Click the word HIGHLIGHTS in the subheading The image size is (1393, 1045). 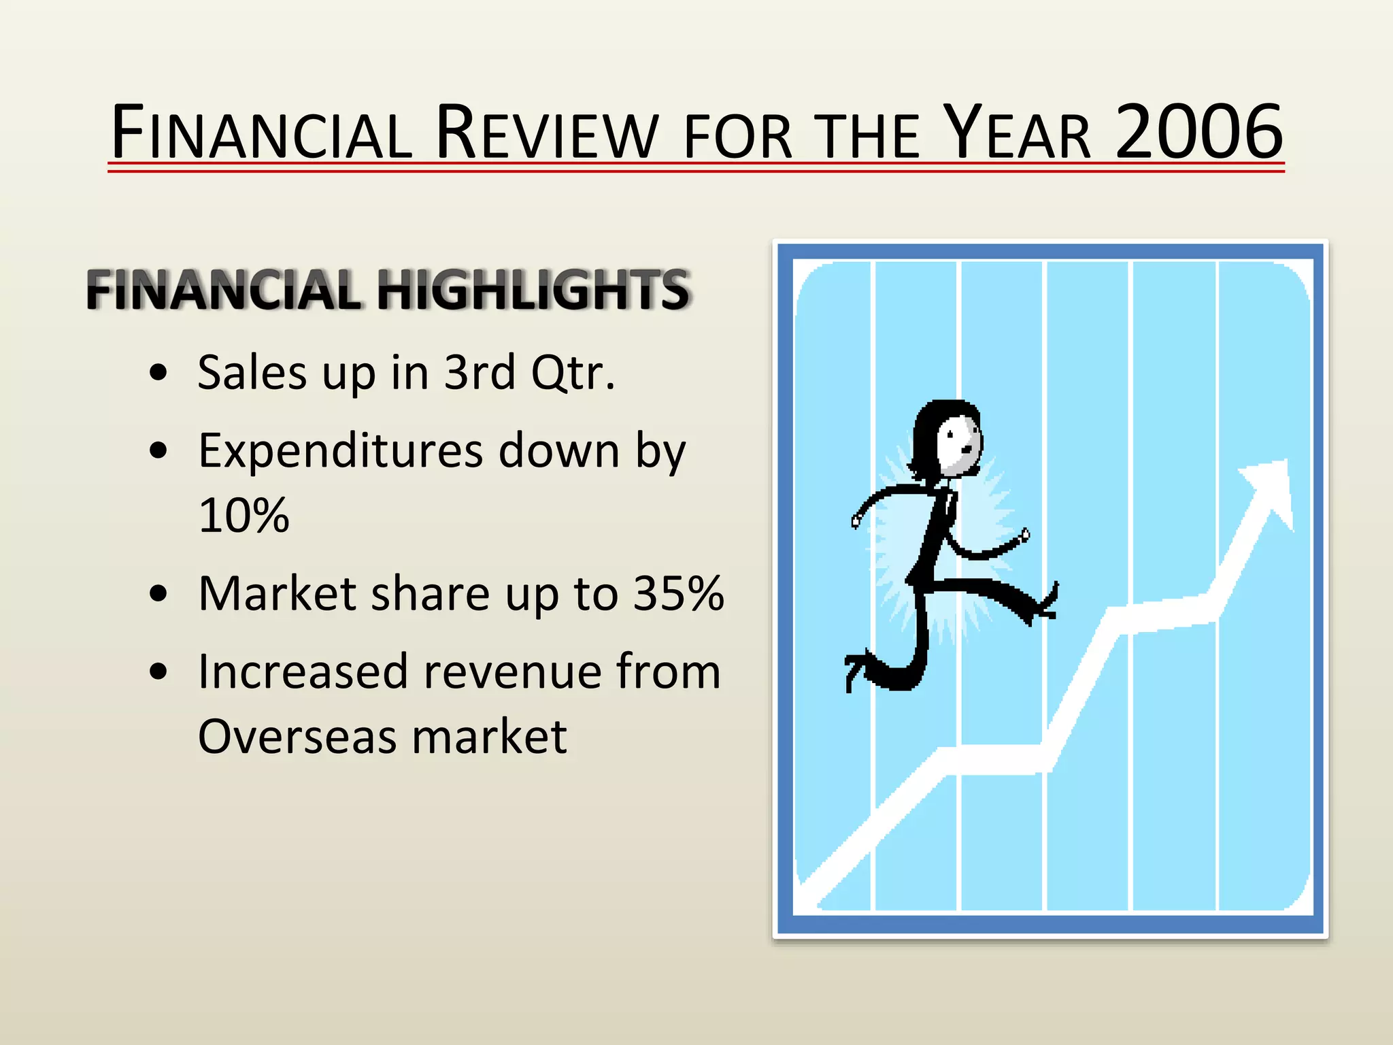[x=534, y=290]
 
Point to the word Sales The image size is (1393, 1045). [x=252, y=373]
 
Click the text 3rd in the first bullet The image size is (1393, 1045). [x=480, y=373]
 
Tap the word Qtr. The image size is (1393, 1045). [x=573, y=373]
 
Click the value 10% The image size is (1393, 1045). [x=244, y=515]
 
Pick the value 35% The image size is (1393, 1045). [x=678, y=593]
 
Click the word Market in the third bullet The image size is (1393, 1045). [x=276, y=593]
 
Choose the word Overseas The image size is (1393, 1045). [x=297, y=737]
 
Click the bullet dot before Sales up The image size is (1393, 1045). [x=158, y=373]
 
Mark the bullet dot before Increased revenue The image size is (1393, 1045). [x=158, y=672]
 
